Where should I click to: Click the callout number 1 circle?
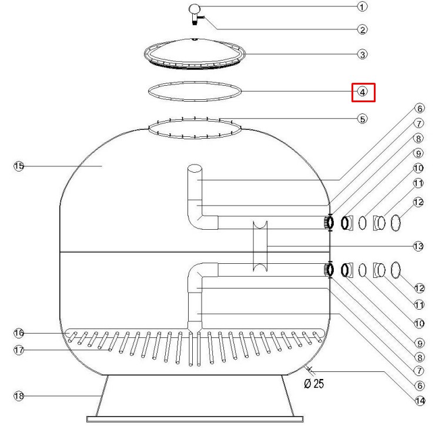(x=362, y=6)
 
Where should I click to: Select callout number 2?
(x=363, y=29)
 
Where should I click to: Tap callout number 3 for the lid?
(x=363, y=55)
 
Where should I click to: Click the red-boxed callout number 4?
(x=363, y=92)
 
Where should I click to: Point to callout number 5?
(x=363, y=119)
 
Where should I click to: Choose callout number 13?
(x=418, y=247)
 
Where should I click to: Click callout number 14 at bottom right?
(x=420, y=401)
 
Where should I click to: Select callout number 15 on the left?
(x=19, y=166)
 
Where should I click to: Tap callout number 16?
(x=19, y=333)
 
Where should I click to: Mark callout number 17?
(x=19, y=350)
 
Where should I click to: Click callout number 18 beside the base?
(x=19, y=396)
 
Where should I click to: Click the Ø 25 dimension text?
(x=314, y=384)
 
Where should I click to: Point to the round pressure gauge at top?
(x=195, y=9)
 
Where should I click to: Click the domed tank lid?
(x=195, y=53)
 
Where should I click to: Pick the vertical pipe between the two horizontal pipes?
(x=260, y=246)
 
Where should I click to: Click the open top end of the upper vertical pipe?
(x=195, y=168)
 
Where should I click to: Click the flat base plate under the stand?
(x=195, y=419)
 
